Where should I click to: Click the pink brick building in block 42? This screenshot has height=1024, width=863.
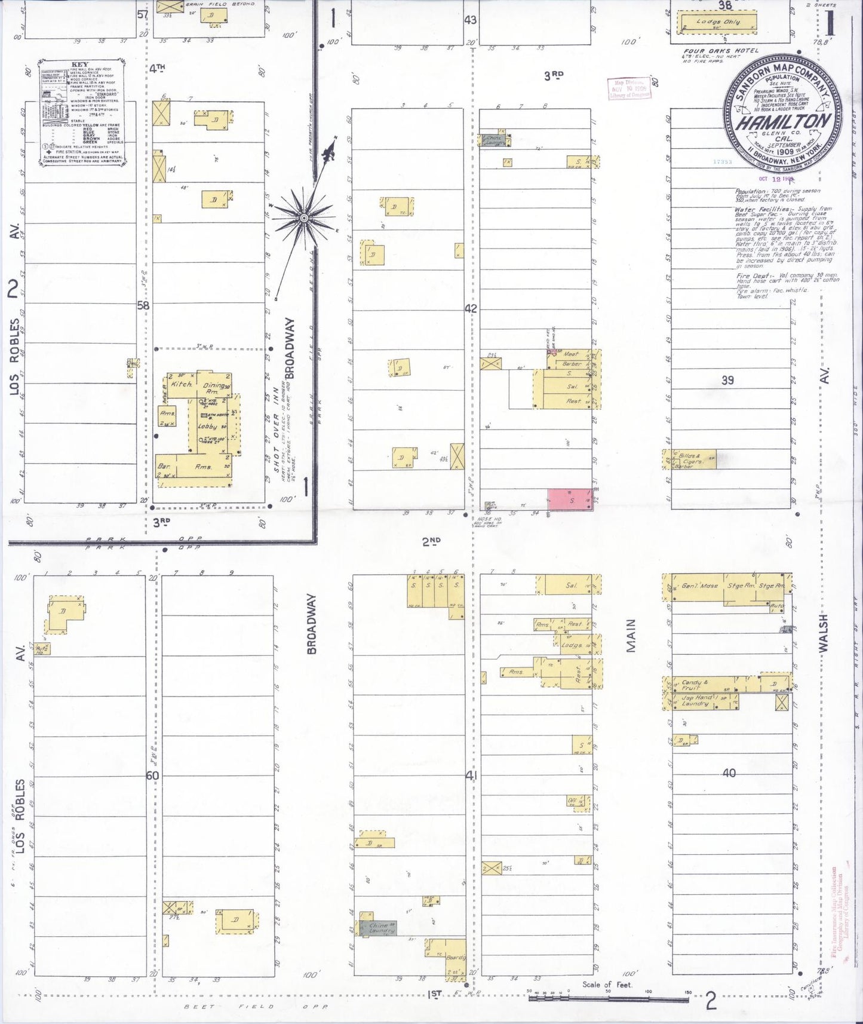[569, 499]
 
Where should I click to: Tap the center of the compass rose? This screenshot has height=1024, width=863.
[304, 218]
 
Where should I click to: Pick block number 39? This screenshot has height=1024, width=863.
[727, 380]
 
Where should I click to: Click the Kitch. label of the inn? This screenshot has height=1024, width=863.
[180, 384]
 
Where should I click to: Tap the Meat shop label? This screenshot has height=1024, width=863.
[571, 354]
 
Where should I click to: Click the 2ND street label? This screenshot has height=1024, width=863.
[431, 541]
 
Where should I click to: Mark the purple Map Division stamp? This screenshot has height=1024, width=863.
[629, 88]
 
